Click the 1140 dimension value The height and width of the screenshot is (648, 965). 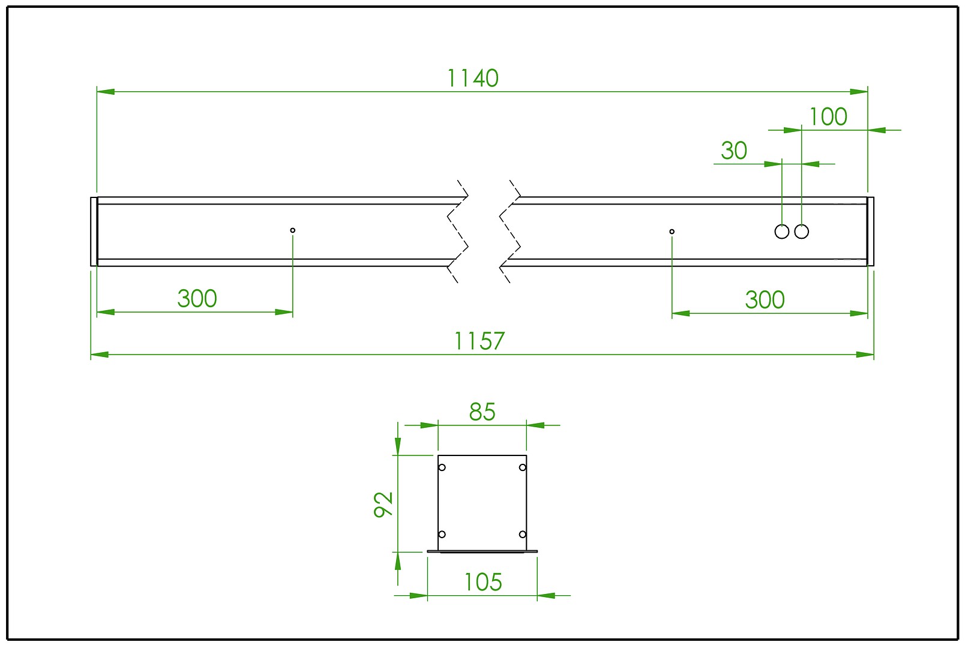(x=473, y=79)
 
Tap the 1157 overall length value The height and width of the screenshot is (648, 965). (x=479, y=341)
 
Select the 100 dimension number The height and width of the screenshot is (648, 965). (x=828, y=117)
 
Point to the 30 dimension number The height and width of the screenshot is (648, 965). (x=734, y=151)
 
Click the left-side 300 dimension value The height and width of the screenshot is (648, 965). (x=197, y=299)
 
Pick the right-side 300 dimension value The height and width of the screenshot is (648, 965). (x=765, y=300)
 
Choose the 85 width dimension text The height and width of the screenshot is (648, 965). (x=482, y=412)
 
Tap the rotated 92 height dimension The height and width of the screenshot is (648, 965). (x=383, y=504)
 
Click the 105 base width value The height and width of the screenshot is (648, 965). (x=483, y=583)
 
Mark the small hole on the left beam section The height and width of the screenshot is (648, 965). (x=292, y=230)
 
